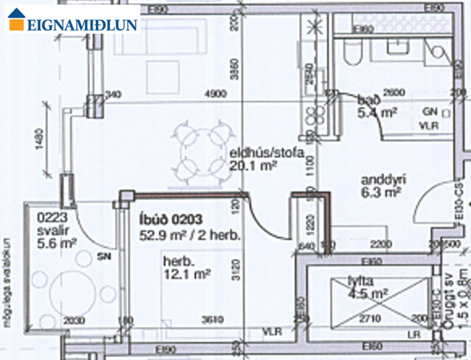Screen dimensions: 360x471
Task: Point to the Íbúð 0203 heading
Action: [171, 219]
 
